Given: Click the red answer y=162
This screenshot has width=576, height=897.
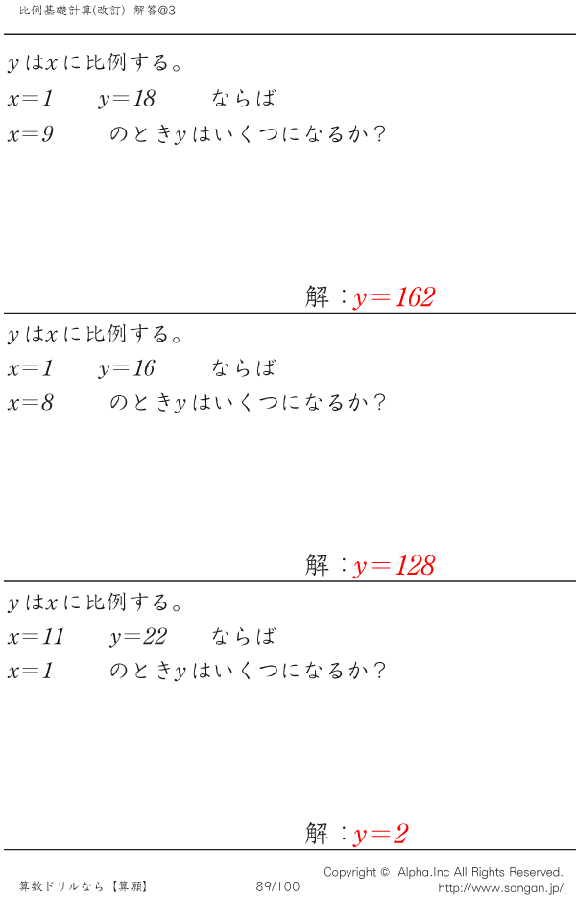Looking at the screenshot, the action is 395,297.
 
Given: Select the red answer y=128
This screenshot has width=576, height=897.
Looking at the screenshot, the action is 395,566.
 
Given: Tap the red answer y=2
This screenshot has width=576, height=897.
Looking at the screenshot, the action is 381,834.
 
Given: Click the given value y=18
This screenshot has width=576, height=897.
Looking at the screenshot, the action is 127,99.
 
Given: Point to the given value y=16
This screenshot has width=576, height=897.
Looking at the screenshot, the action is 127,368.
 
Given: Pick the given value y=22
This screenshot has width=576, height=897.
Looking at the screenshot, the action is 138,637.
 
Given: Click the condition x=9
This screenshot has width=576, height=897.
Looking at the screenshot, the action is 31,134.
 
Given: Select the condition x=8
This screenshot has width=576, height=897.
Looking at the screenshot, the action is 31,403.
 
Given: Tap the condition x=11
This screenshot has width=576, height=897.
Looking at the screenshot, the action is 36,637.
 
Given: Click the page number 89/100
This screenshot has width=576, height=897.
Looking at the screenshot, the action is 277,886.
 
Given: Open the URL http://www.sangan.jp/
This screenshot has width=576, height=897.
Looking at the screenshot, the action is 501,887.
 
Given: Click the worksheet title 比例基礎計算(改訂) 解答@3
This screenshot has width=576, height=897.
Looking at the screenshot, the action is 97,11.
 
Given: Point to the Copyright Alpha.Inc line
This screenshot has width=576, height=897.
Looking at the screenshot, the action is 444,872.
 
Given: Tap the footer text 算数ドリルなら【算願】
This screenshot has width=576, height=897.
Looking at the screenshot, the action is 84,886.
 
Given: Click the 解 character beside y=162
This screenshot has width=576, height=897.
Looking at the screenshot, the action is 317,296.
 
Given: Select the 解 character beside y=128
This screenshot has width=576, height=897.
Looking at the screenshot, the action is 317,565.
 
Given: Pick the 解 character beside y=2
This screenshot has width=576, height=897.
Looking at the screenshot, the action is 317,834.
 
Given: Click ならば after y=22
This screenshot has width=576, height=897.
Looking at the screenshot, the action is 244,636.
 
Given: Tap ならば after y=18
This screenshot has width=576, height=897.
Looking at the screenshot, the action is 244,99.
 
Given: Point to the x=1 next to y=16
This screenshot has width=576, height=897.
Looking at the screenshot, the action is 31,368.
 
